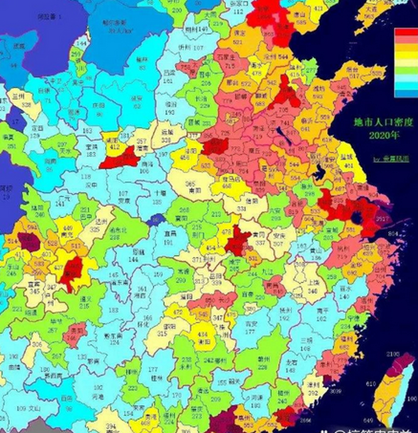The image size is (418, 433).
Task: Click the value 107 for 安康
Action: point(124,194)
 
